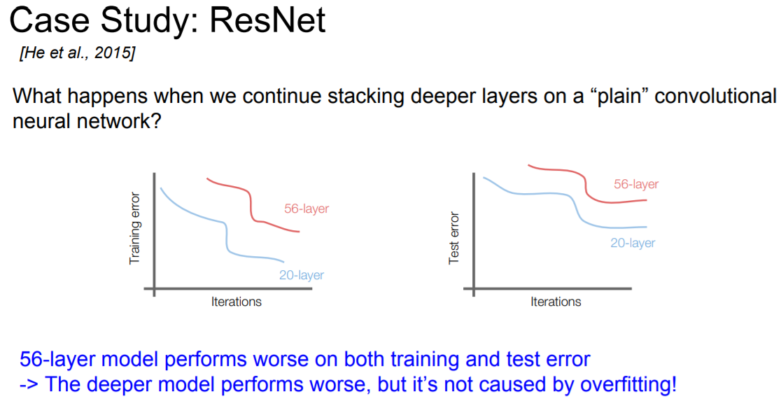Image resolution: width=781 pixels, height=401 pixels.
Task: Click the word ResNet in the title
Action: tap(268, 20)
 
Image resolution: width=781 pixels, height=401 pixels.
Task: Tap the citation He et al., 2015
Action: tap(77, 52)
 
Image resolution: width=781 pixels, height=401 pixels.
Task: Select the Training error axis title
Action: tap(134, 228)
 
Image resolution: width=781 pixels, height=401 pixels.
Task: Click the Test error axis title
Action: tap(453, 238)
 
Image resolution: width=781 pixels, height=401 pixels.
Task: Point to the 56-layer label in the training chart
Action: tap(307, 209)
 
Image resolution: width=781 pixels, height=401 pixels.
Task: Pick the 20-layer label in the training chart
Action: tap(302, 275)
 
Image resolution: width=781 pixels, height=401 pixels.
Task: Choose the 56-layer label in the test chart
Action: tap(636, 184)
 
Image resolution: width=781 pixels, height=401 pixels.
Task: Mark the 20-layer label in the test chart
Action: tap(633, 243)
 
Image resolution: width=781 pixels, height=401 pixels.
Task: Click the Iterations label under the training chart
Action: tap(236, 302)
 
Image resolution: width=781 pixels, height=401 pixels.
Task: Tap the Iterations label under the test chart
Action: tap(556, 302)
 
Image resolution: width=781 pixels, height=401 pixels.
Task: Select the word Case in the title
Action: tap(48, 20)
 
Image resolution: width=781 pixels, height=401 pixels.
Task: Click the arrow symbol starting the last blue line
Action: tap(29, 385)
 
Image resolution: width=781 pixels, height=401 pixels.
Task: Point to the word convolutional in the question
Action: tap(715, 96)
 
